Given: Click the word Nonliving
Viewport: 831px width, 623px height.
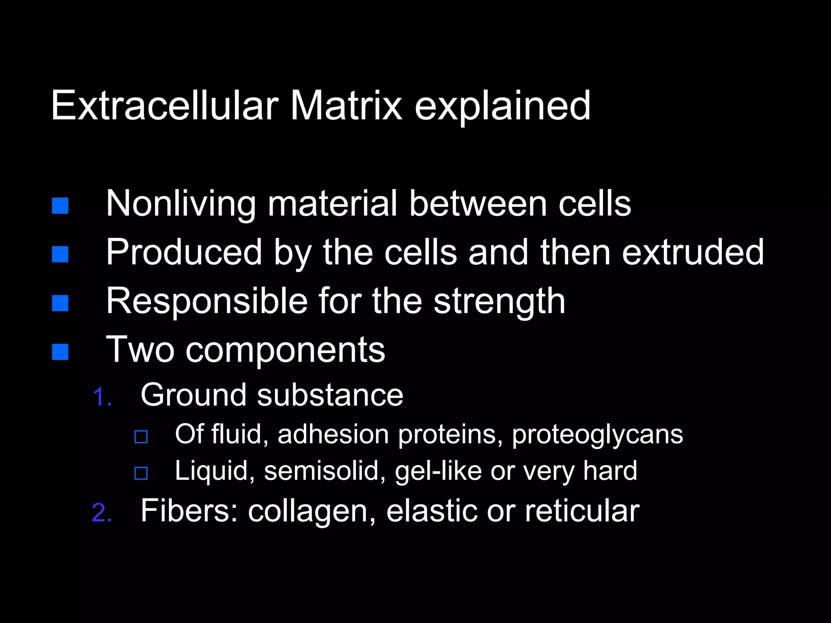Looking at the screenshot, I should click(x=181, y=204).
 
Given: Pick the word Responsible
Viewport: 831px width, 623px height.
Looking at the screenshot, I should click(x=207, y=301).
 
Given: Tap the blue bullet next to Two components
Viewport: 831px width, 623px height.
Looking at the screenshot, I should click(x=60, y=352).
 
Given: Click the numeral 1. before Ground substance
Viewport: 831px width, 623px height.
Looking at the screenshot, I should click(x=102, y=396).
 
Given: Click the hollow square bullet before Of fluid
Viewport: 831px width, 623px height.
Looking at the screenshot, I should click(x=141, y=437).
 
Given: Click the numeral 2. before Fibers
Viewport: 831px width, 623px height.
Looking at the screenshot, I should click(x=102, y=512).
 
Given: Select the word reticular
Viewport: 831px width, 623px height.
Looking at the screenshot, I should click(x=582, y=511).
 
